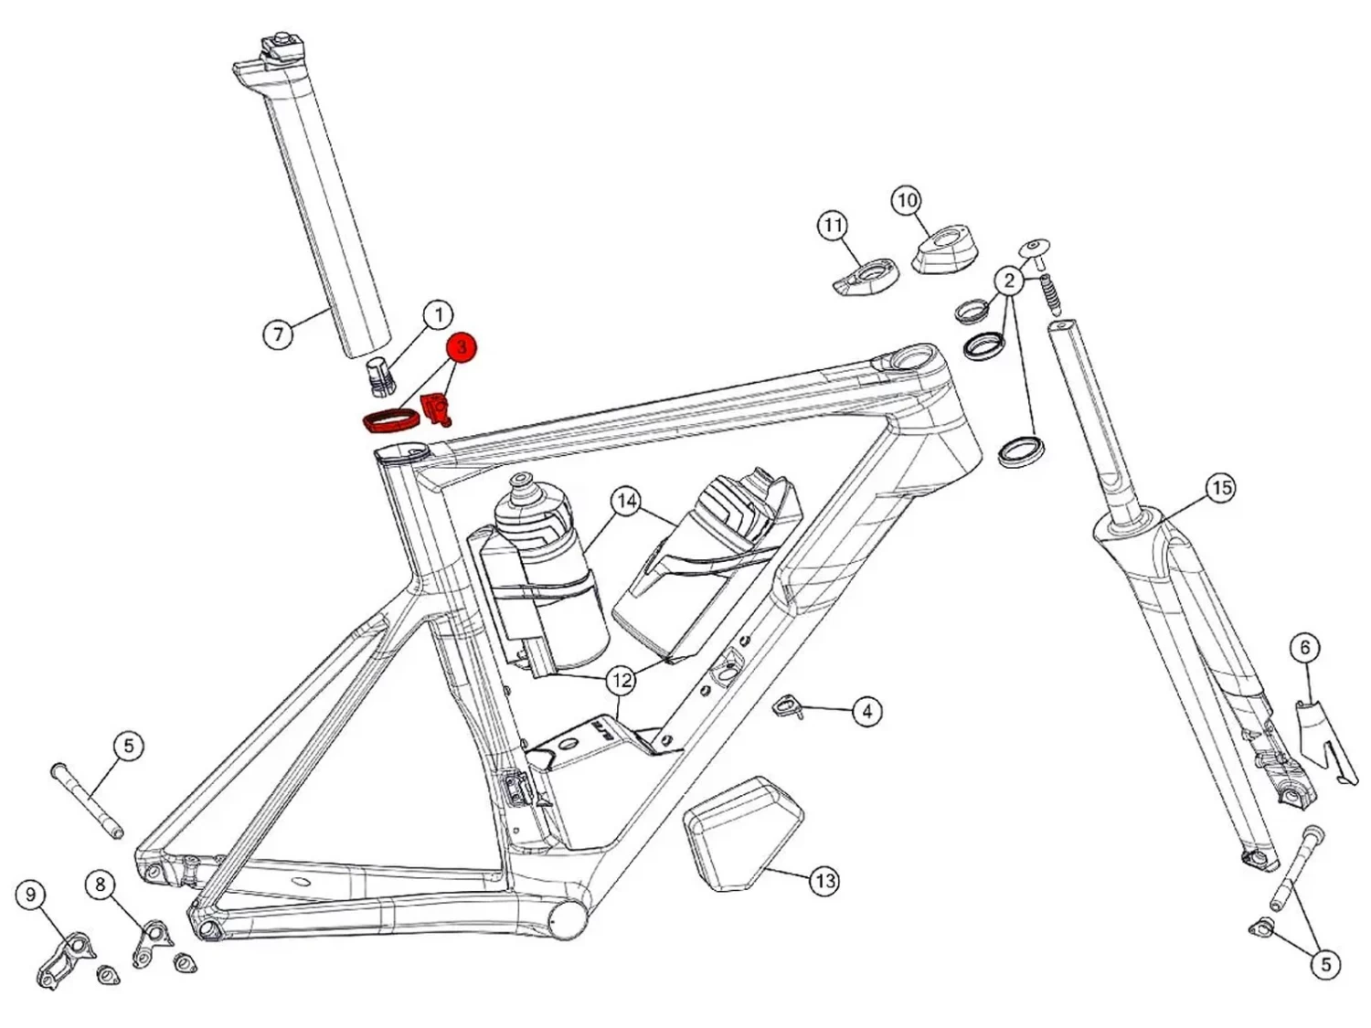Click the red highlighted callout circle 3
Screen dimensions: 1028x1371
[462, 348]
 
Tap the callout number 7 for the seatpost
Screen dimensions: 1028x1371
[279, 334]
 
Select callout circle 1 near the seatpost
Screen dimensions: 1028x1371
[438, 315]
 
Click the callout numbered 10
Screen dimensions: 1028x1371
[906, 200]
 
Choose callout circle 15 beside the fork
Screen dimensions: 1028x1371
[1222, 488]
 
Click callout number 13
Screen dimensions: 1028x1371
[824, 881]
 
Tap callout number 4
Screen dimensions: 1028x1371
[866, 710]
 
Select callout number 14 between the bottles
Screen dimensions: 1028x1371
[626, 501]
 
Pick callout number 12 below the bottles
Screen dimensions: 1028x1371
[622, 680]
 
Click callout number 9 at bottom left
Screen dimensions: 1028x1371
[31, 894]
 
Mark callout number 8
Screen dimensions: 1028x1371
[100, 884]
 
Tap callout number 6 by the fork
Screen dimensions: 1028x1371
[1304, 648]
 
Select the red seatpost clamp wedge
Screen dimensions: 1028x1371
[436, 408]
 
